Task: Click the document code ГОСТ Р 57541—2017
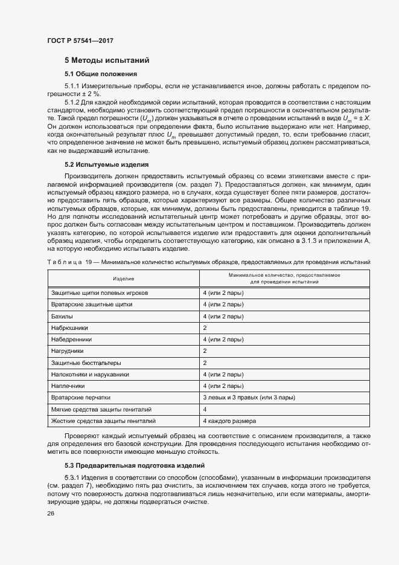80,40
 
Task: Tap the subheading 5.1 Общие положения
101,74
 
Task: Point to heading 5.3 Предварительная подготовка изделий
135,465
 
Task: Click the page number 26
51,514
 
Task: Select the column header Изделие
123,278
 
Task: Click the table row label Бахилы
63,316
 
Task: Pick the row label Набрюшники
70,328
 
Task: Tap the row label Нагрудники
68,350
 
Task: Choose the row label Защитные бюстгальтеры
86,363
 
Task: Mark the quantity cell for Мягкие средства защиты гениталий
205,408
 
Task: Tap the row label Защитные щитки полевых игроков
100,293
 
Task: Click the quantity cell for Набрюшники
205,328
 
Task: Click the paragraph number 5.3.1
72,477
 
